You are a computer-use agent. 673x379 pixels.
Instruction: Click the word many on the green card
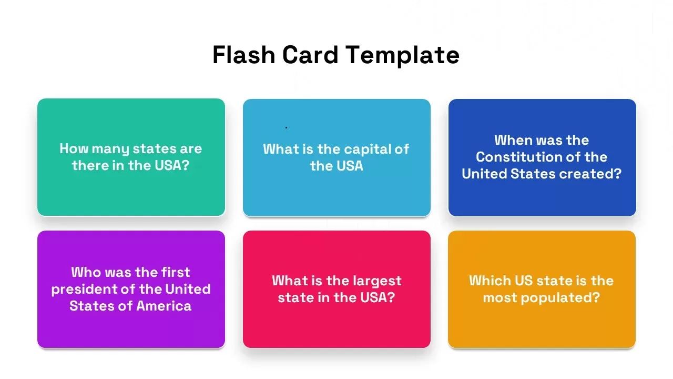[110, 149]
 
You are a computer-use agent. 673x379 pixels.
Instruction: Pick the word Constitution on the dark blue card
[515, 157]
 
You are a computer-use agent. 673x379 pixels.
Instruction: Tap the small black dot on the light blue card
[286, 127]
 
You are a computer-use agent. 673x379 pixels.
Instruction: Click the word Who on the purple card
[86, 272]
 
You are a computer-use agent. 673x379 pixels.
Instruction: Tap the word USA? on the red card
[378, 297]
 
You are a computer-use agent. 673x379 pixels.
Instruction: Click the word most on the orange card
[501, 297]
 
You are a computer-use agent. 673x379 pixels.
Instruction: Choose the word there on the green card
[90, 165]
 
